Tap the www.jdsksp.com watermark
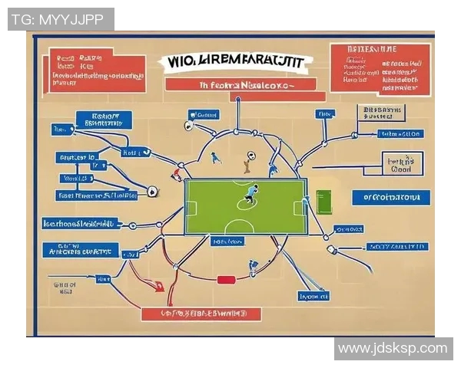pyautogui.click(x=392, y=348)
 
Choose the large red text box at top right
pyautogui.click(x=380, y=68)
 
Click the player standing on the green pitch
pyautogui.click(x=250, y=195)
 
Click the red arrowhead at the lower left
pyautogui.click(x=159, y=287)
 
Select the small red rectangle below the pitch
pyautogui.click(x=225, y=279)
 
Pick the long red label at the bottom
pyautogui.click(x=201, y=314)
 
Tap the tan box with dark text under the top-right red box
pyautogui.click(x=380, y=114)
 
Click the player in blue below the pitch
pyautogui.click(x=253, y=267)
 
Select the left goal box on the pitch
pyautogui.click(x=191, y=207)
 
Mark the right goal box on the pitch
pyautogui.click(x=300, y=207)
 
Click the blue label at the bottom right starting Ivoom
pyautogui.click(x=314, y=295)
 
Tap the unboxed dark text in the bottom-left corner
pyautogui.click(x=65, y=287)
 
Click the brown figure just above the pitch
pyautogui.click(x=247, y=162)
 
